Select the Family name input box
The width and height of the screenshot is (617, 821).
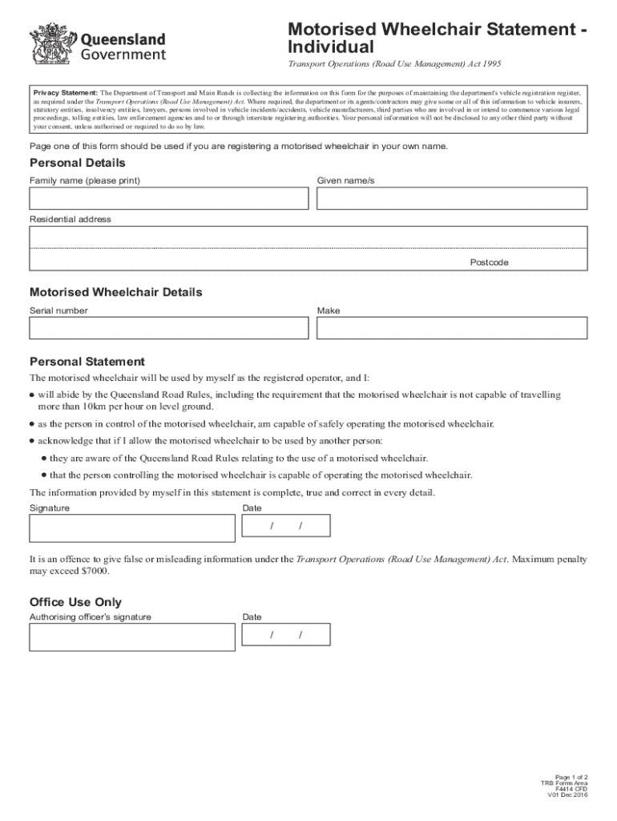click(168, 199)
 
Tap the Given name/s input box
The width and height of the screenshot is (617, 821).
click(451, 199)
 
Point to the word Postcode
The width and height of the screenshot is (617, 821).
click(489, 263)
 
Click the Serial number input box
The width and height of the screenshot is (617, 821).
click(168, 328)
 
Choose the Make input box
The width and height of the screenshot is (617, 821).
click(451, 328)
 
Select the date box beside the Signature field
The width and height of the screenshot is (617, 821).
click(285, 526)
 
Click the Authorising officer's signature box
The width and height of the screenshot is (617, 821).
click(131, 637)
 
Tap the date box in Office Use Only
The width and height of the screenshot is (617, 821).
click(285, 635)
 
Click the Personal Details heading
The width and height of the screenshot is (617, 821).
click(77, 164)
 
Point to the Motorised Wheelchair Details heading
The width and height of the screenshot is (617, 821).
click(115, 293)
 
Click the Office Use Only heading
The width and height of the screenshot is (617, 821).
click(75, 602)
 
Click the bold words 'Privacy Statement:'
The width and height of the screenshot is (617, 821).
click(65, 93)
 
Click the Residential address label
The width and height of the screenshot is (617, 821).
click(71, 220)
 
